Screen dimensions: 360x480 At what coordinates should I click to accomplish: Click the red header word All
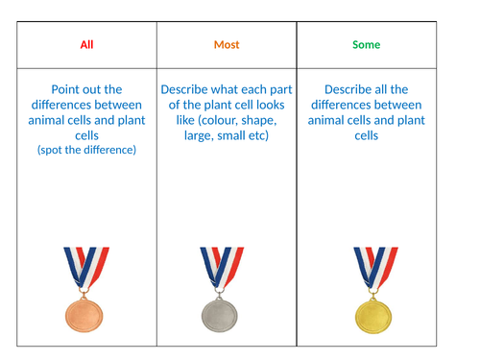87,45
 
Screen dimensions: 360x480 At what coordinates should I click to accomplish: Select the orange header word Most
227,45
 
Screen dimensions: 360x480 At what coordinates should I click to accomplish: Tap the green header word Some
366,45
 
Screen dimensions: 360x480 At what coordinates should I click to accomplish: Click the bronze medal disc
87,312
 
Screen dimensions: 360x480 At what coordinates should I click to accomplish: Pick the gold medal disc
374,313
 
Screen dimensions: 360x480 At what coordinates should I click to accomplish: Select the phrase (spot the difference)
87,151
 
